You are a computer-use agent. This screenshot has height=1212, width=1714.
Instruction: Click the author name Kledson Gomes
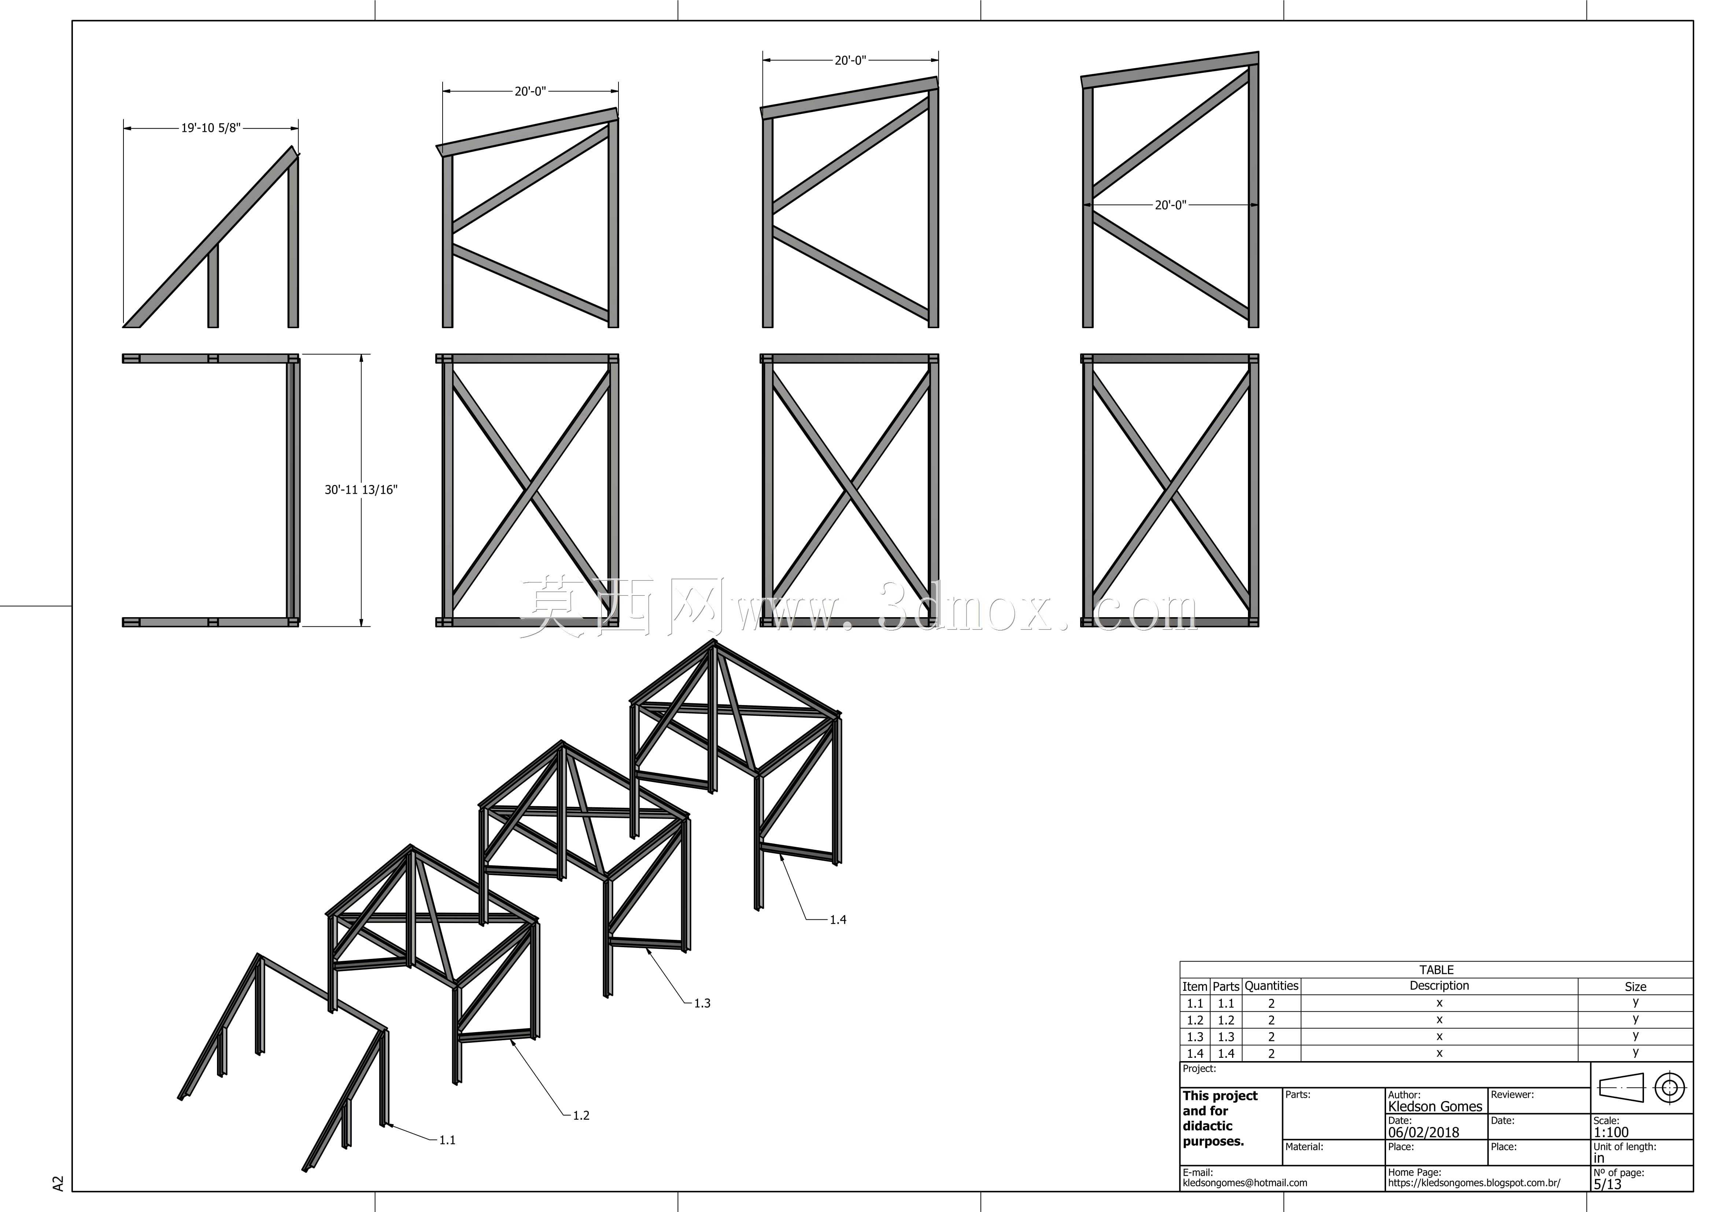coord(1435,1107)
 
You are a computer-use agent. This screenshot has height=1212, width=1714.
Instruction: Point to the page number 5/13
coord(1607,1185)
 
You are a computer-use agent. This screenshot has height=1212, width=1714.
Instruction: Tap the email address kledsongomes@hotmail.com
coord(1244,1183)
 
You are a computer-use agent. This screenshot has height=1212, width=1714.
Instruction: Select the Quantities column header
coord(1271,986)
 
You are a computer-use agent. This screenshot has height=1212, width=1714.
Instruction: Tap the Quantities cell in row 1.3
coord(1271,1037)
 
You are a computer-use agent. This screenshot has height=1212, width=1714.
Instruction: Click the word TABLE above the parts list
coord(1436,970)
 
